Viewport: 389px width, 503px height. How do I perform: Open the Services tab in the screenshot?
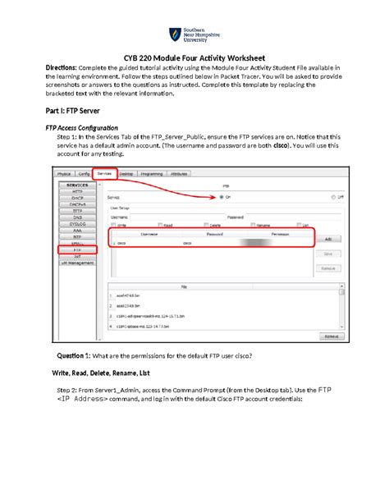104,174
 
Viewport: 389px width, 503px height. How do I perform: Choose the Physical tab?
64,175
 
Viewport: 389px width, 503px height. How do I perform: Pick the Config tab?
84,175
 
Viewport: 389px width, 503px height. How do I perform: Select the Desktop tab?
127,174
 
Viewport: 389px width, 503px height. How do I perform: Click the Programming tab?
152,174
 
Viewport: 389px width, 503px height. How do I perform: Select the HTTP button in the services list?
77,191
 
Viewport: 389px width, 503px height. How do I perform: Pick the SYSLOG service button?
77,223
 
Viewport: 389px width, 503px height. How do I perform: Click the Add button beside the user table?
327,239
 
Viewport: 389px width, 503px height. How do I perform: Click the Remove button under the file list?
329,336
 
